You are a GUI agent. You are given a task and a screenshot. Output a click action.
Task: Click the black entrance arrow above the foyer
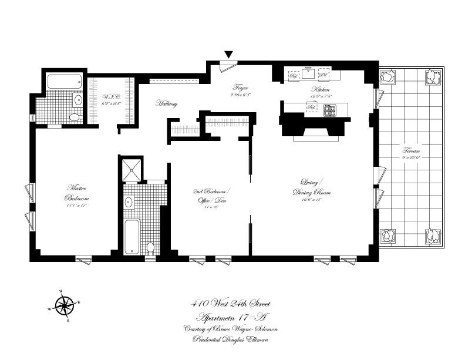229,55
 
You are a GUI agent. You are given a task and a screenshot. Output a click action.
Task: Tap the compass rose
63,305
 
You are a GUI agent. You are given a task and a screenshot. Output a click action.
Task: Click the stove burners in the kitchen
331,109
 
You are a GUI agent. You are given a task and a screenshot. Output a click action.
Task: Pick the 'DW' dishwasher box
323,75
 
